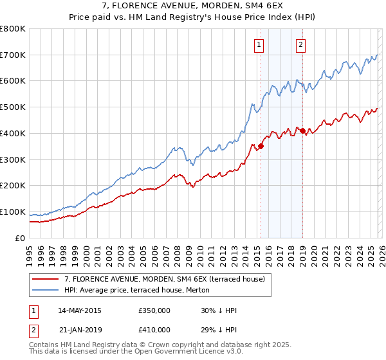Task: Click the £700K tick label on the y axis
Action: click(12, 55)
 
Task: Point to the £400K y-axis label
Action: click(12, 133)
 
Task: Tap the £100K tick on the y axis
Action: click(12, 212)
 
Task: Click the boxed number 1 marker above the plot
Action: click(259, 44)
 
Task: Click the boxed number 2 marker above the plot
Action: click(300, 44)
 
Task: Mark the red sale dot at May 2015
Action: click(261, 146)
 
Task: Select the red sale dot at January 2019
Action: click(302, 131)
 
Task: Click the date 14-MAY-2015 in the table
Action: click(80, 310)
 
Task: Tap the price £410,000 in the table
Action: click(154, 329)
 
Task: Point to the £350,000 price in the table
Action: click(154, 310)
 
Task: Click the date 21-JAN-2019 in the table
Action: click(80, 329)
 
